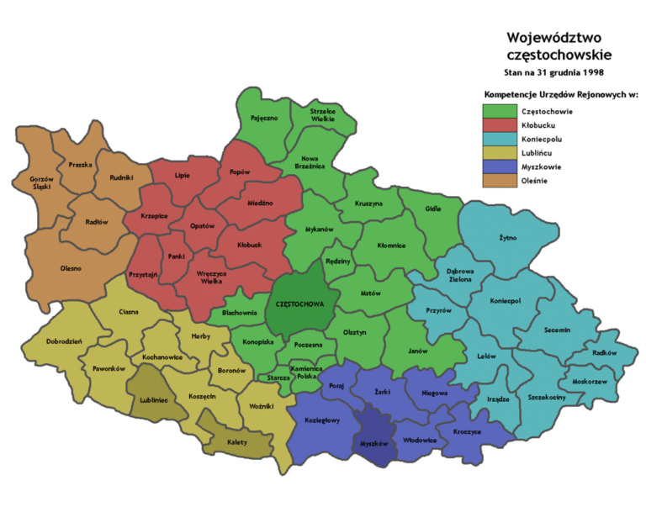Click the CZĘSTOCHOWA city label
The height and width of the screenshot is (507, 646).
300,304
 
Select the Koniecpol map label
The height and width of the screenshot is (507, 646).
506,300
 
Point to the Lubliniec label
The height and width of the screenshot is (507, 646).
152,400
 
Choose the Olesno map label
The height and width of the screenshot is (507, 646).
71,269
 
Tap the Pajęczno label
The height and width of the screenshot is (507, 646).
264,119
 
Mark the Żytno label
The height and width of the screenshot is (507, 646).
508,238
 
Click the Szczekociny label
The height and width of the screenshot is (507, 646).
547,395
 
